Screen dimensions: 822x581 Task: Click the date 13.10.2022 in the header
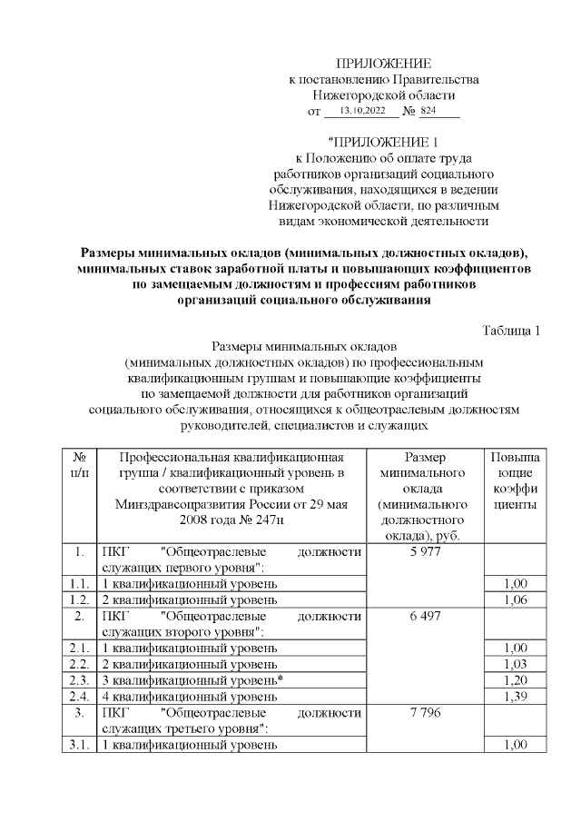(362, 112)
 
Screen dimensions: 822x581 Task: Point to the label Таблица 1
(511, 330)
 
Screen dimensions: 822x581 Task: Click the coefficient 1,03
(515, 663)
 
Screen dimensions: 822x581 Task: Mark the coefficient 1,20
(515, 679)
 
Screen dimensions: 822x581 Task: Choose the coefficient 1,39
(515, 696)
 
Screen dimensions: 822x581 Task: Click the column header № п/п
(79, 465)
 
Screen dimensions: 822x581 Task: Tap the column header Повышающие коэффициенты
(515, 480)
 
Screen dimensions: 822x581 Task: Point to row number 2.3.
(79, 679)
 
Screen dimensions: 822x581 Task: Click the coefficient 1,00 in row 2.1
(515, 648)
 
